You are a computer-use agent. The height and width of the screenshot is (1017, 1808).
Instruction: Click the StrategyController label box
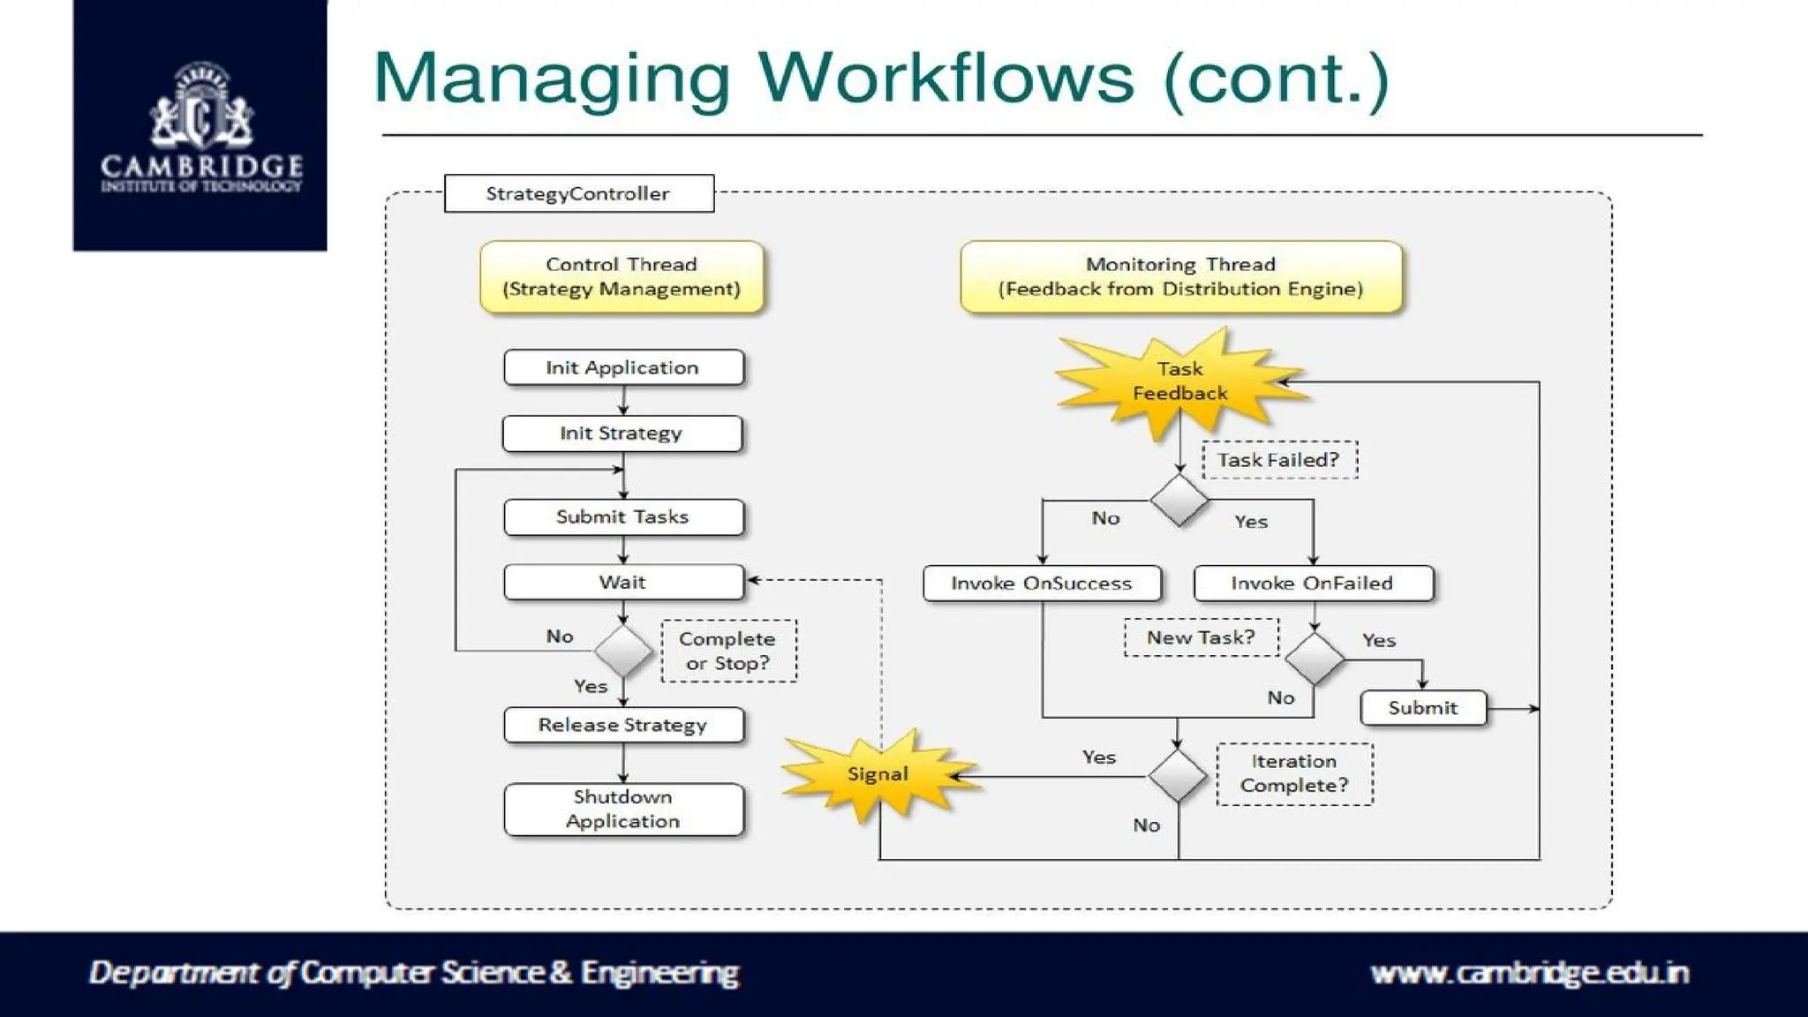pos(578,193)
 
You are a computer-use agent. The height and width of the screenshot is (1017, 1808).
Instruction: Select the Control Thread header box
pos(621,276)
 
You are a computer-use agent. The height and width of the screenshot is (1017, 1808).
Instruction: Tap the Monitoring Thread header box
pos(1180,276)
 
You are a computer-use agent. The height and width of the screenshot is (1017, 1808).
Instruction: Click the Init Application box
pos(623,367)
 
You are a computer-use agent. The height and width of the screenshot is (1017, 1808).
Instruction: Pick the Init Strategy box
pos(621,433)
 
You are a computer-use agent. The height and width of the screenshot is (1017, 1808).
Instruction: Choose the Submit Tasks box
pos(623,517)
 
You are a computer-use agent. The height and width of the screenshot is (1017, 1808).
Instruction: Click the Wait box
pos(623,583)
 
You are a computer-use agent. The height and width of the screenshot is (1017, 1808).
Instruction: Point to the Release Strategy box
pos(623,725)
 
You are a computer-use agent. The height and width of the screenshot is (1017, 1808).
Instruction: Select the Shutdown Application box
pos(623,809)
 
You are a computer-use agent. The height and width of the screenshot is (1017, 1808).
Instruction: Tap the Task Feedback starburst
pos(1180,381)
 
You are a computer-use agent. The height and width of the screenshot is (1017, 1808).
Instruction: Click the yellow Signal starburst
pos(878,774)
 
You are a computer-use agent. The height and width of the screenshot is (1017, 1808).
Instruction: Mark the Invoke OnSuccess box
pos(1042,584)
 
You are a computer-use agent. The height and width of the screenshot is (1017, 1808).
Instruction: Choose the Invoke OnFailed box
pos(1313,584)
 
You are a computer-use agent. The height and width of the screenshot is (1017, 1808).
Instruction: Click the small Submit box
pos(1422,708)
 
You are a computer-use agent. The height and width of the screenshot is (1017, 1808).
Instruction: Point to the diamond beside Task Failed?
pos(1179,501)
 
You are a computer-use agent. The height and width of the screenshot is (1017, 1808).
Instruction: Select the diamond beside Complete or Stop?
pos(623,652)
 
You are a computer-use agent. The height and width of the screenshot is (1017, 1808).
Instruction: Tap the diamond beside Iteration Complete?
pos(1178,776)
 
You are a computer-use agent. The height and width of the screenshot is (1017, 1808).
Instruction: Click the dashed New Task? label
pos(1201,637)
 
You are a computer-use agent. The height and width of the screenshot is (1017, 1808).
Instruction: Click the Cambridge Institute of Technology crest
pos(201,106)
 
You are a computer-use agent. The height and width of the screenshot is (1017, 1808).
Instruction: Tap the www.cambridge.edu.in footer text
pos(1529,973)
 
